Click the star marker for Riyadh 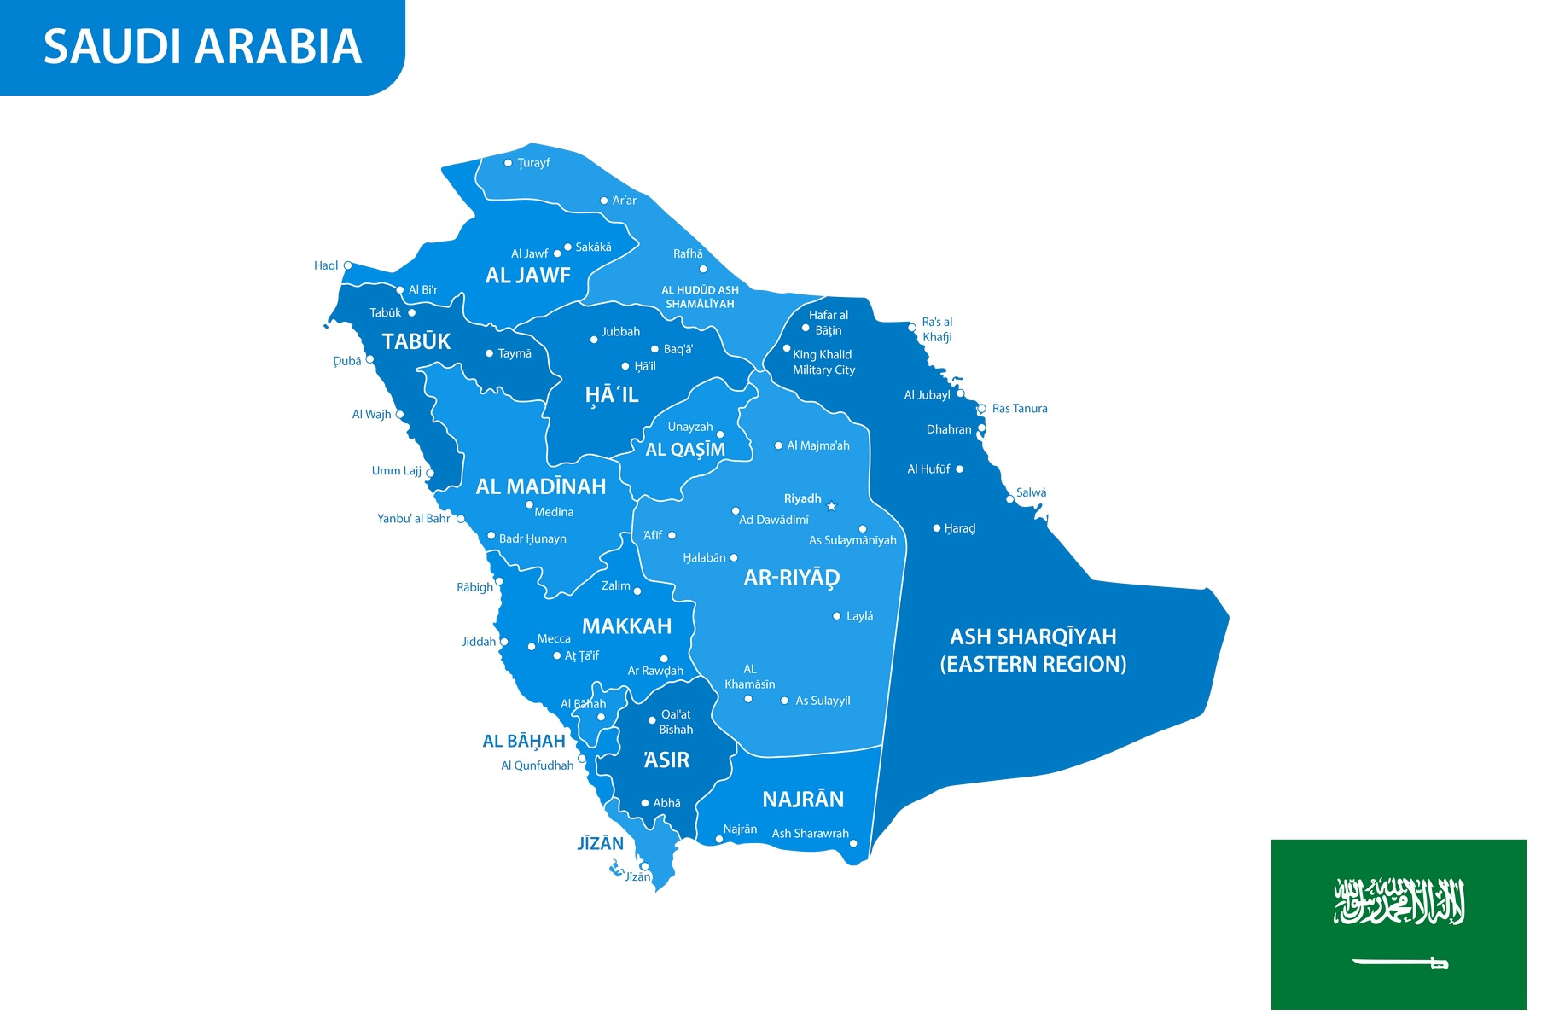point(832,506)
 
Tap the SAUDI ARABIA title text point(203,46)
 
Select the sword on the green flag point(1400,963)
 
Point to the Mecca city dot point(532,647)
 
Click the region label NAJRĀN point(803,800)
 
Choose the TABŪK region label point(416,341)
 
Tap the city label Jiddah point(479,642)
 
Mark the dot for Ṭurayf point(509,163)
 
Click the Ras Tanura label point(1020,409)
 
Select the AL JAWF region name point(528,276)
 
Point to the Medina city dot point(529,504)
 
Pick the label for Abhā point(666,803)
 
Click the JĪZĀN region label point(601,843)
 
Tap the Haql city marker point(348,266)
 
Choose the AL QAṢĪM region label point(685,450)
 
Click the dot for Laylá point(837,616)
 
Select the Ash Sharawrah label point(810,834)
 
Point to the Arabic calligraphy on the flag point(1399,901)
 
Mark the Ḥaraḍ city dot point(937,528)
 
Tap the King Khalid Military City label point(823,362)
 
